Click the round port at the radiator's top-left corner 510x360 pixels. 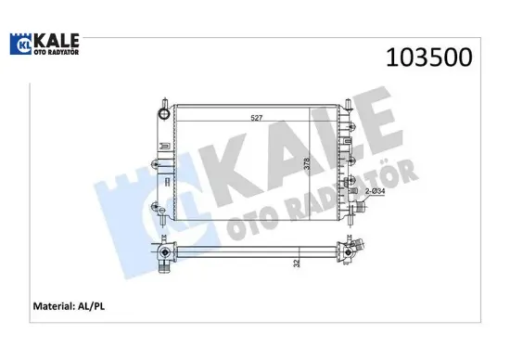[164, 114]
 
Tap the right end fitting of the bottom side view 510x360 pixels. [355, 251]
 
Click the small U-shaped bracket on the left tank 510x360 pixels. [164, 145]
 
